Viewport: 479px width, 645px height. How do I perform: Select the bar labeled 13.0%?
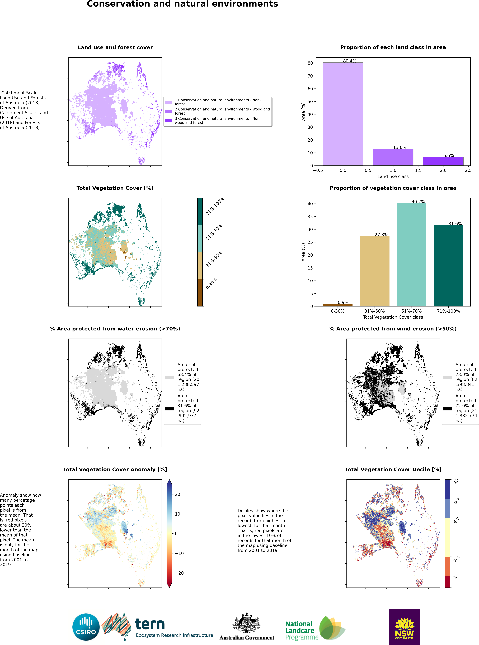(x=393, y=157)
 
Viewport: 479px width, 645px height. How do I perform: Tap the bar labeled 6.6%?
(x=443, y=161)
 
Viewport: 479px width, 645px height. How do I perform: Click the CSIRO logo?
(x=86, y=627)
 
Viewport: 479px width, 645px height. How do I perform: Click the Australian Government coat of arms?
(x=247, y=623)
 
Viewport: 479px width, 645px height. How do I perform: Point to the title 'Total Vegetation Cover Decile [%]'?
(x=393, y=470)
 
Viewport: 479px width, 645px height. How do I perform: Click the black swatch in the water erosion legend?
(x=170, y=409)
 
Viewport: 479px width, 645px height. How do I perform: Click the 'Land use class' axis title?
(x=393, y=176)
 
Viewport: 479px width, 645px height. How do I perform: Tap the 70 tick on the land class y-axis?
(x=310, y=76)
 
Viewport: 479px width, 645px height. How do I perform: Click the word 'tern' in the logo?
(x=150, y=624)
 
